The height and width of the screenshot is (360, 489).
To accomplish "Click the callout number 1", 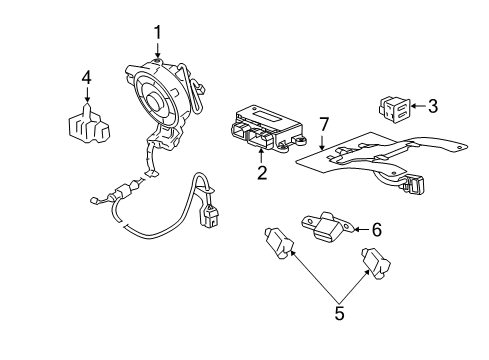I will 157,35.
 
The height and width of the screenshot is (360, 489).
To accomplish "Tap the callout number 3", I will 432,104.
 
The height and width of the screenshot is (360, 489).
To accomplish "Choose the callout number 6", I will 376,229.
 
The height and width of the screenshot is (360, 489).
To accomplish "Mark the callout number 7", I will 323,125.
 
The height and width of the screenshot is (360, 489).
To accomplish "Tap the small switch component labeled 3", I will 394,106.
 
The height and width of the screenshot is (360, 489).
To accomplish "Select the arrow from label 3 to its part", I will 418,104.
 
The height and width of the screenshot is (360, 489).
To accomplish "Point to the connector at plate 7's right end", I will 414,184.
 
